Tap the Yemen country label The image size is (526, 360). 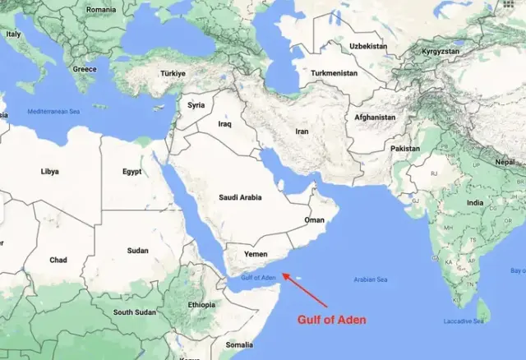(256, 255)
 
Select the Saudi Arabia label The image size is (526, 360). (240, 197)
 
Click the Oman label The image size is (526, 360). (315, 220)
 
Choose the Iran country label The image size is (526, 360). (302, 131)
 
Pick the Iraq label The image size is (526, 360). (225, 124)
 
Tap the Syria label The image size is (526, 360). (196, 105)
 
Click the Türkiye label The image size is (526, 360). (173, 73)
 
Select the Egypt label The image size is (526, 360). (132, 172)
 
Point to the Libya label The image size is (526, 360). (50, 172)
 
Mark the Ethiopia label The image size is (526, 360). (201, 305)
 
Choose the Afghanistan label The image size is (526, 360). (375, 118)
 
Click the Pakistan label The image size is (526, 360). (404, 149)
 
